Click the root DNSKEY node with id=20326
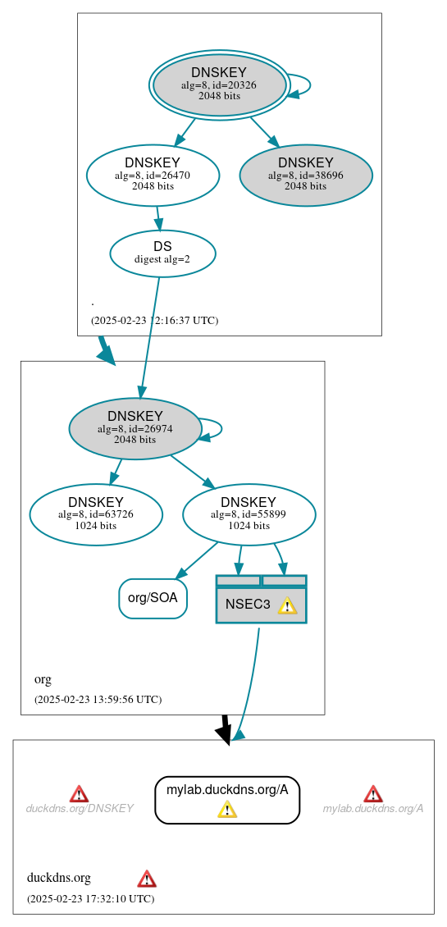coord(218,84)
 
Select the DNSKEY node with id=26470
coord(153,175)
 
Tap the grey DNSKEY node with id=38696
coord(306,175)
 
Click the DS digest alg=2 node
coord(162,253)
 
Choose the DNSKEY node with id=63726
coord(96,514)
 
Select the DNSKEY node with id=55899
coord(249,514)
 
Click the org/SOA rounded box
coord(153,598)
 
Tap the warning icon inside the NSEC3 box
coord(286,605)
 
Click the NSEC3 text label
coord(248,605)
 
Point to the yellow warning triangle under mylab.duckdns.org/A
coord(227,810)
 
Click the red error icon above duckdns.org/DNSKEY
coord(79,793)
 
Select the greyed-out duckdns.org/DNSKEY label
coord(80,809)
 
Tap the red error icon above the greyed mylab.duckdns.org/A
coord(373,793)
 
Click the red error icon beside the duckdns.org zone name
coord(147,879)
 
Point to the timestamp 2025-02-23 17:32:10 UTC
coord(90,899)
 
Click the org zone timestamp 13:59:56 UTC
coord(98,700)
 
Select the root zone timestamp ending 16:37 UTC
coord(154,321)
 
